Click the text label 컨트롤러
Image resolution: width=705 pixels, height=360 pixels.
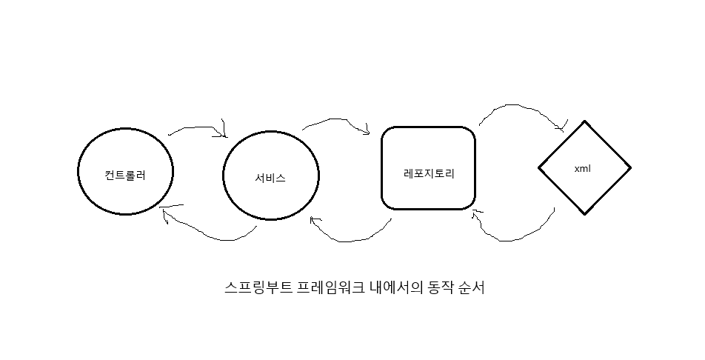[125, 176]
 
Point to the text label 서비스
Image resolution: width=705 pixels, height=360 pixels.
[270, 179]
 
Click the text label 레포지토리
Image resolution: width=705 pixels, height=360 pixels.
[428, 175]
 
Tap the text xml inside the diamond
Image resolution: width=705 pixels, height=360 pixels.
[582, 168]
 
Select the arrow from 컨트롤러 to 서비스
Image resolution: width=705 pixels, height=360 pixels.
[196, 128]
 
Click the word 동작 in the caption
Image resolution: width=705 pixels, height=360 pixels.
[439, 287]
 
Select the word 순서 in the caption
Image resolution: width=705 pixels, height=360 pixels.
[472, 287]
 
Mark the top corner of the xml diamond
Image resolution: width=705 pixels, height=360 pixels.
[584, 121]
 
